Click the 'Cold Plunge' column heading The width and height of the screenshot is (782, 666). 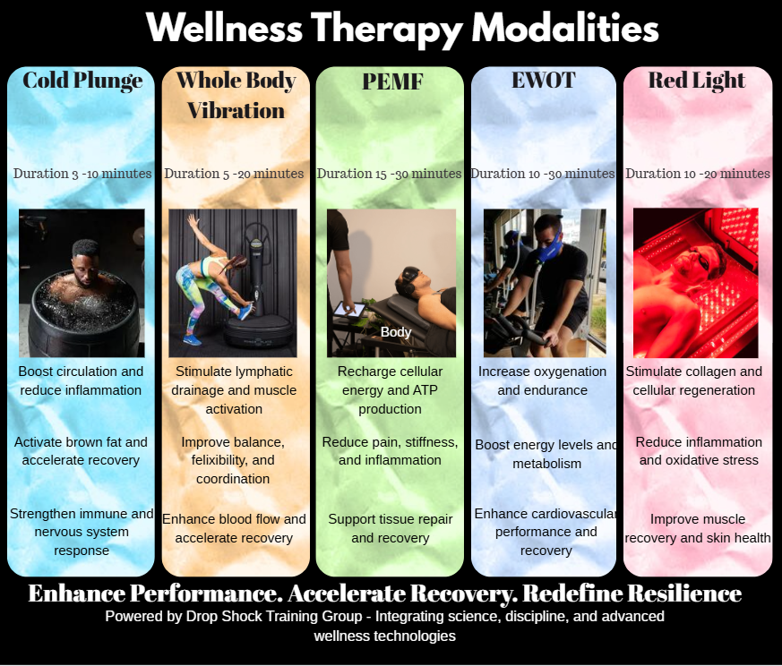pyautogui.click(x=82, y=81)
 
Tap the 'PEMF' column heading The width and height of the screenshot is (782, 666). pyautogui.click(x=392, y=81)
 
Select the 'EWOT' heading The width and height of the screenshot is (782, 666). pyautogui.click(x=544, y=81)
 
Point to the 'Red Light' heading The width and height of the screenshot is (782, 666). pyautogui.click(x=697, y=81)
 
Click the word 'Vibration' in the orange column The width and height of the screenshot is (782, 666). pyautogui.click(x=236, y=111)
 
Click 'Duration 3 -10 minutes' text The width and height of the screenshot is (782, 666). pyautogui.click(x=82, y=174)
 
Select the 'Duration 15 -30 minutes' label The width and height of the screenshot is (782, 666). pyautogui.click(x=389, y=174)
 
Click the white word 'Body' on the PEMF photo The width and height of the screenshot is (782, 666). pyautogui.click(x=396, y=332)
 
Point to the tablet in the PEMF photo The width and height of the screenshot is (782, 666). pyautogui.click(x=349, y=310)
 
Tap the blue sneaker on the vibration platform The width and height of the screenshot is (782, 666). pyautogui.click(x=245, y=312)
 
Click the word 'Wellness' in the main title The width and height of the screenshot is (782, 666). pyautogui.click(x=225, y=28)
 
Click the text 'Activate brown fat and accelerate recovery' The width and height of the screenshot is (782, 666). pyautogui.click(x=81, y=451)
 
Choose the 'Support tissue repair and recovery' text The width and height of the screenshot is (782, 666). pyautogui.click(x=390, y=528)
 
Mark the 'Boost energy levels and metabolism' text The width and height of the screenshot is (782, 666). pyautogui.click(x=546, y=454)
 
